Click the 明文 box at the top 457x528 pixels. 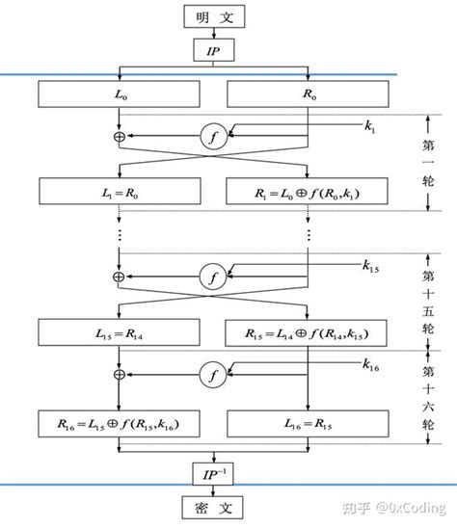tap(213, 16)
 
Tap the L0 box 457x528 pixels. tap(119, 95)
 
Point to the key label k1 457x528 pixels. tap(370, 125)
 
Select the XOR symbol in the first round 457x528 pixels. tap(119, 138)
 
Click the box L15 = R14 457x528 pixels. tap(119, 334)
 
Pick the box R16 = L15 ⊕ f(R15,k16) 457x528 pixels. tap(119, 422)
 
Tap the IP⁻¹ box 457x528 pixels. tap(213, 472)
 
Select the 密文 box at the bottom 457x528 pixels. tap(213, 506)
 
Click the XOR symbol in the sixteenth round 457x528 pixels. tap(119, 374)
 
